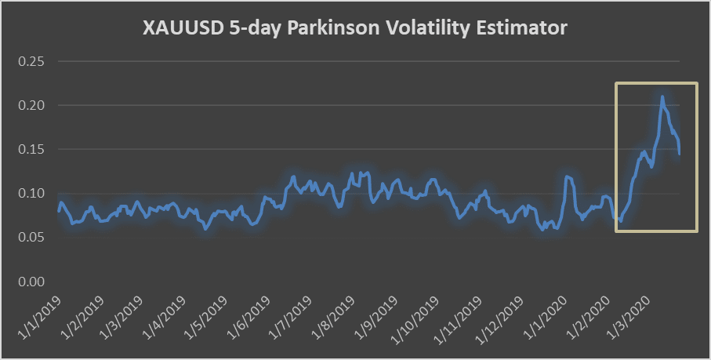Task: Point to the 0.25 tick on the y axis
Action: click(x=33, y=61)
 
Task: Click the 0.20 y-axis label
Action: click(x=33, y=105)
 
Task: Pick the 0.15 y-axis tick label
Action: click(x=33, y=149)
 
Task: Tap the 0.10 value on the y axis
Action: click(x=33, y=193)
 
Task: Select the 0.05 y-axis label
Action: click(x=33, y=237)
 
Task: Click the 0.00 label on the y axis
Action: click(x=33, y=281)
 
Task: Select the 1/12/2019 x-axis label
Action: click(x=499, y=318)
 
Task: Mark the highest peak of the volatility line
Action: click(x=662, y=96)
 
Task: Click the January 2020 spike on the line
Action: click(x=567, y=176)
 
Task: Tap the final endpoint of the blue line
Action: click(x=679, y=154)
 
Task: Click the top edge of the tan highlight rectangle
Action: click(x=656, y=82)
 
